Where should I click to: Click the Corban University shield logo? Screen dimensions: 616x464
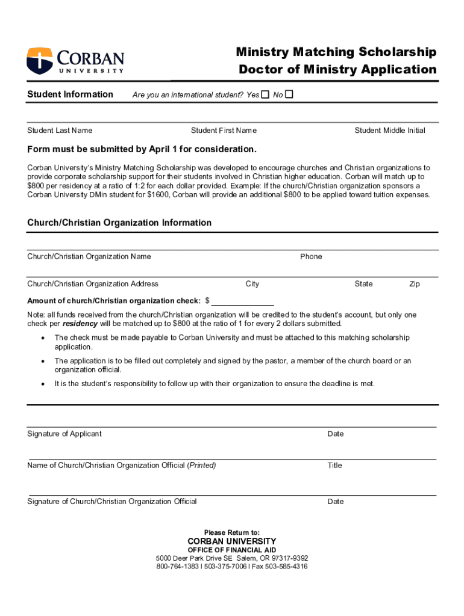tap(40, 61)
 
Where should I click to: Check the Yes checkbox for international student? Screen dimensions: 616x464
tap(266, 94)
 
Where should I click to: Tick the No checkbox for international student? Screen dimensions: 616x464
tap(289, 94)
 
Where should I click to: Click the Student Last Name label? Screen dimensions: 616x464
tap(60, 131)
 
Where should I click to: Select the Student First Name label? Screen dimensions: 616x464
tap(224, 131)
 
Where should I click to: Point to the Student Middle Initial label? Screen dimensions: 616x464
tap(390, 131)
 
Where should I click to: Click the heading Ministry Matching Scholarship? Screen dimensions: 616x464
tap(336, 52)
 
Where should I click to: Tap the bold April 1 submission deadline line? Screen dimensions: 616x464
tap(142, 149)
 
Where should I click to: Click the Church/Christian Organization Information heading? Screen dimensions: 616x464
tap(119, 223)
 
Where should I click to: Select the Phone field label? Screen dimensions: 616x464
tap(311, 257)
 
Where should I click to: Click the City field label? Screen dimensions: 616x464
tap(252, 284)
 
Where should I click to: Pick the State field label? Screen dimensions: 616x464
tap(363, 284)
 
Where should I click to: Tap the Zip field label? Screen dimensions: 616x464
tap(415, 284)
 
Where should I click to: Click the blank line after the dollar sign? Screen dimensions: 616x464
tap(242, 301)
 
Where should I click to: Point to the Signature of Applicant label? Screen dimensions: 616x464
tap(64, 434)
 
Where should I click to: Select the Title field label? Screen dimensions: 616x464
tap(334, 465)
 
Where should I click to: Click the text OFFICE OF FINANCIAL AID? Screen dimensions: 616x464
tap(232, 550)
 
